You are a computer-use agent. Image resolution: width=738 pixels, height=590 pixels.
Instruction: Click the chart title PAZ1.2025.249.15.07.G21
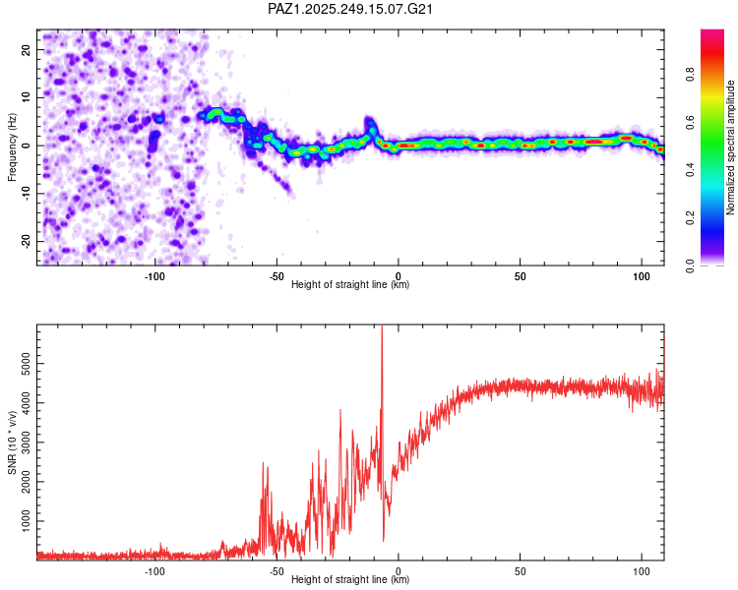click(350, 9)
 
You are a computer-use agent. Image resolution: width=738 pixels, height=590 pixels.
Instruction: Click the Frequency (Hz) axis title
click(12, 147)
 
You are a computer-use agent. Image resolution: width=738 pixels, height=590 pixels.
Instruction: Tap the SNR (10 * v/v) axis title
click(12, 442)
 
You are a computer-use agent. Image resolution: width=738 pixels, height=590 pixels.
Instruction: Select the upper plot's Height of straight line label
click(350, 284)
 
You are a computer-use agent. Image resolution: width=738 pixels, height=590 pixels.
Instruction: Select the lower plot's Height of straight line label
click(350, 579)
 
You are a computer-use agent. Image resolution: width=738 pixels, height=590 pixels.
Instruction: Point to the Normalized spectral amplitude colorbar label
click(730, 147)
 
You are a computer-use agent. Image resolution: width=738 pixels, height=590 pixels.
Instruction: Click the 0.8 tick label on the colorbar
click(690, 75)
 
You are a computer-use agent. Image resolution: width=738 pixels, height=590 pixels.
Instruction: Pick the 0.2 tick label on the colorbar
click(690, 218)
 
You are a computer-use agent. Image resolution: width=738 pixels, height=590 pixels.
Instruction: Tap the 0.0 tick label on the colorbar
click(690, 265)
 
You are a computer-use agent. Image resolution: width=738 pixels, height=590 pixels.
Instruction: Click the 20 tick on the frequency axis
click(27, 49)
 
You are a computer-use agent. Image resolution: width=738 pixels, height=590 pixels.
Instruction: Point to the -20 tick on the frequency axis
click(27, 241)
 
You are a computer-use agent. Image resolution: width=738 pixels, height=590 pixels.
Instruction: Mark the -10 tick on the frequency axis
click(27, 194)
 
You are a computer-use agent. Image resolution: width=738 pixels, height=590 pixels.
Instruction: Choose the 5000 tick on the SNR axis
click(27, 363)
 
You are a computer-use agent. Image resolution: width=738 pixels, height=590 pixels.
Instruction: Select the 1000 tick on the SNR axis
click(27, 521)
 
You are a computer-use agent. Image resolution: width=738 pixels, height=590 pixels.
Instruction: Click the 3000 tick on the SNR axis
click(27, 442)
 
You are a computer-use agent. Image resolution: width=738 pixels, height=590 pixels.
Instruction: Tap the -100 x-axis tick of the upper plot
click(154, 276)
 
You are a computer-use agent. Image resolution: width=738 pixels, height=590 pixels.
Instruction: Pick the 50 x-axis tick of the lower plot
click(520, 571)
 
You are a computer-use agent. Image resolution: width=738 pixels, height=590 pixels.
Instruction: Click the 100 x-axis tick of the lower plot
click(641, 571)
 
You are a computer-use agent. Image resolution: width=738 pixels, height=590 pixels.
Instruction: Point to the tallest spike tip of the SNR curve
click(382, 325)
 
